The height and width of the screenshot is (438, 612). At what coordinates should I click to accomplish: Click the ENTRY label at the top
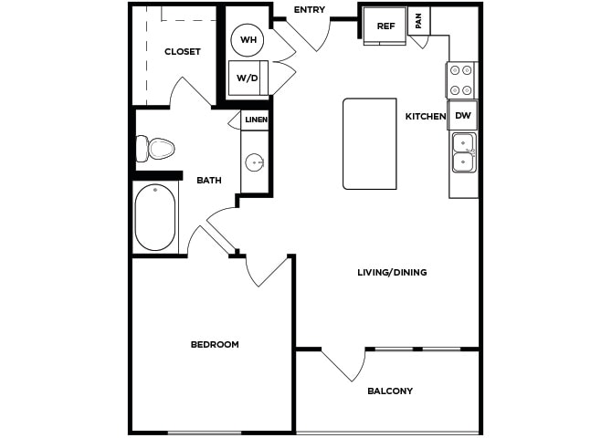(x=309, y=10)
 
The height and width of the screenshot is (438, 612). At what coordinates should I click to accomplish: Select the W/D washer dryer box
(x=248, y=78)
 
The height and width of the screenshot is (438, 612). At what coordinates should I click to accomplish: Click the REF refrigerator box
(x=385, y=26)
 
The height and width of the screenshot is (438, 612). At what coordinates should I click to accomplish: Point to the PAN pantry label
(x=418, y=21)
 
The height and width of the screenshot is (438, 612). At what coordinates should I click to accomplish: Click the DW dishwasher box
(x=462, y=116)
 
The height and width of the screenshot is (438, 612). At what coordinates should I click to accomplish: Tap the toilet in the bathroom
(x=154, y=149)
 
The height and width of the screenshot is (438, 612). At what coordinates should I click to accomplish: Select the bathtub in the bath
(x=155, y=217)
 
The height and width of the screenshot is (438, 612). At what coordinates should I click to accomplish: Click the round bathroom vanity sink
(x=255, y=162)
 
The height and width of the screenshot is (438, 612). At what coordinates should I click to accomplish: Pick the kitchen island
(x=370, y=144)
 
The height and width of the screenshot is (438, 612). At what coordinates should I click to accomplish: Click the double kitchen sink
(x=464, y=152)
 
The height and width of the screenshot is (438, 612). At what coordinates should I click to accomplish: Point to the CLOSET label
(x=183, y=51)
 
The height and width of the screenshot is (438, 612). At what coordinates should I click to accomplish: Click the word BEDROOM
(x=215, y=344)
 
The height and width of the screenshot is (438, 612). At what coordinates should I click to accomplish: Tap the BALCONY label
(x=390, y=391)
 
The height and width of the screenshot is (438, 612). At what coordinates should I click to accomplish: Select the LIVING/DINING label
(x=392, y=272)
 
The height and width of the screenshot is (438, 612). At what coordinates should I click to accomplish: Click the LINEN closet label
(x=256, y=120)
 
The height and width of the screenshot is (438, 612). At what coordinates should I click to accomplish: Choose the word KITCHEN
(x=426, y=116)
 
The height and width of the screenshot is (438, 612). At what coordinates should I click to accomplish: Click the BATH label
(x=209, y=180)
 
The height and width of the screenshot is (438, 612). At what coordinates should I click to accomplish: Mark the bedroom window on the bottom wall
(x=204, y=433)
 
